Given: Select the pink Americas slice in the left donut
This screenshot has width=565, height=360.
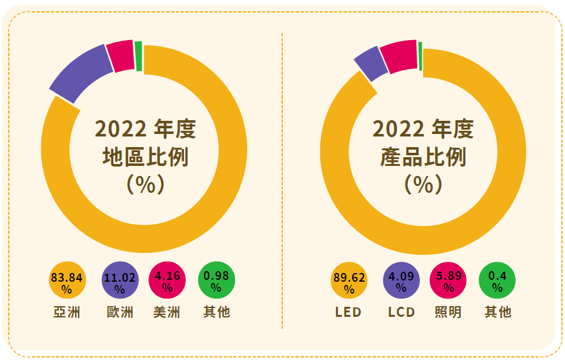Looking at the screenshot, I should coord(120,55).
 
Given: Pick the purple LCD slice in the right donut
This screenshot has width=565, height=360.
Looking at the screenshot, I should coord(370,63).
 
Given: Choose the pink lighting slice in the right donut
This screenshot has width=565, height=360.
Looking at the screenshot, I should coord(399,55).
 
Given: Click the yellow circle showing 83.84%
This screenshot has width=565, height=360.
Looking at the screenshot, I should coord(66,282).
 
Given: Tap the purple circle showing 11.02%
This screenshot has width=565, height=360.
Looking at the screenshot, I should coord(120,282).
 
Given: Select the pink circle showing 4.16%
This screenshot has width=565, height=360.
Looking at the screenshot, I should coord(167,282).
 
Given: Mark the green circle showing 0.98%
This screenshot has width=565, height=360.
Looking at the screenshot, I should coord(216,282).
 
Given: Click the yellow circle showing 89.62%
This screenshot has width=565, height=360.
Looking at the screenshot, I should coord(349,282).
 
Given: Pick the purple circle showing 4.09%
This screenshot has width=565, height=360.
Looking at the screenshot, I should coord(401,282).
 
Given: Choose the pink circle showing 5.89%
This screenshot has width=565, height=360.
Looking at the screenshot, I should coord(449,282).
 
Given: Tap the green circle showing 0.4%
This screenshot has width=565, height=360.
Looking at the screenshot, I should coord(497,282).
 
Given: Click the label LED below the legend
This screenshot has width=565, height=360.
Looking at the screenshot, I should coord(349,312).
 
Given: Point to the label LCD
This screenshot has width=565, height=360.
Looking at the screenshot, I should coord(401,312).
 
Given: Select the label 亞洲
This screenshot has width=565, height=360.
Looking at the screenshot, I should coord(66,312).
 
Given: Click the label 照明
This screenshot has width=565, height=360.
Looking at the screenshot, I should coord(449,312).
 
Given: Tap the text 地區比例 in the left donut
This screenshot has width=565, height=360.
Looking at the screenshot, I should coord(145,157).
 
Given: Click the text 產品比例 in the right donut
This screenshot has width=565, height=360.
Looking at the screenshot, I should coord(424,157).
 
